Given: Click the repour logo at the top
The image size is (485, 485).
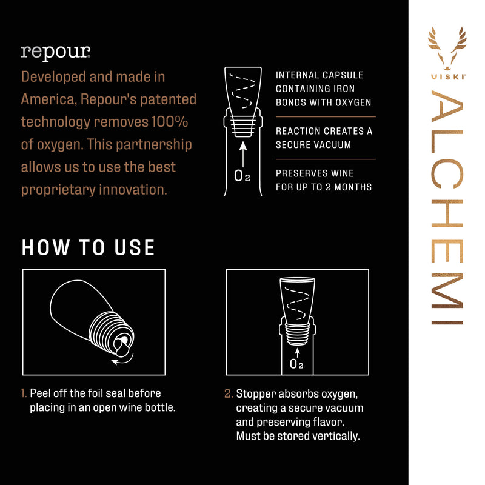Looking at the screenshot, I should [x=56, y=52].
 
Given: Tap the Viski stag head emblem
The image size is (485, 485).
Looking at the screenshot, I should [x=447, y=48].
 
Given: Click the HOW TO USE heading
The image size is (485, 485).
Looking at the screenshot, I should [x=89, y=247].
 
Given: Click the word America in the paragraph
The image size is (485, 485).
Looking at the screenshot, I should [x=46, y=99].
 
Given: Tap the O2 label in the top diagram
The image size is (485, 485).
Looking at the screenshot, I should [x=242, y=177].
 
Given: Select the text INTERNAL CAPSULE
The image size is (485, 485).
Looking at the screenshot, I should [x=319, y=75].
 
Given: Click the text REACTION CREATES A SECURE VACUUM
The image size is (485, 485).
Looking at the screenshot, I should [x=324, y=138].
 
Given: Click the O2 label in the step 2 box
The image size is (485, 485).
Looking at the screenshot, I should [x=296, y=364].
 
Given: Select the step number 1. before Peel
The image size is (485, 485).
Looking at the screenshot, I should [x=24, y=393].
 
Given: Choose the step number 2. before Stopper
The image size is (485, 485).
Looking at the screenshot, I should [x=229, y=393].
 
